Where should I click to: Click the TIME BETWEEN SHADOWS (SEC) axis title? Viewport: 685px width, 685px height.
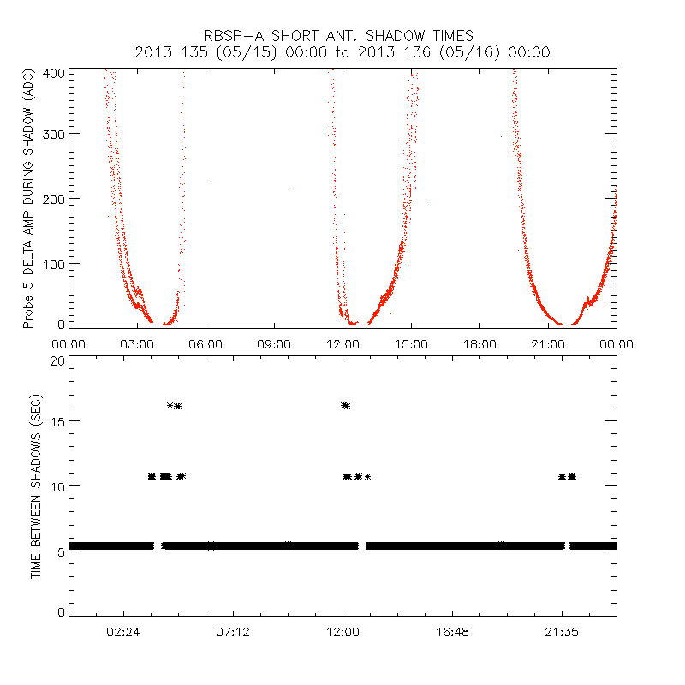pos(36,486)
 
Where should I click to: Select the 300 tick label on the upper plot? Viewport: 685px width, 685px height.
pos(53,134)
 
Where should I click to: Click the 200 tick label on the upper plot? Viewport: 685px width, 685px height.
pos(53,198)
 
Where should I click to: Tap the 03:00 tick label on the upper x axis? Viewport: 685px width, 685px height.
pos(137,343)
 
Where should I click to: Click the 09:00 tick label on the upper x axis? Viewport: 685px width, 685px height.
pos(274,343)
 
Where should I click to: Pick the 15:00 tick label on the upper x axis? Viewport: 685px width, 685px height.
pos(411,343)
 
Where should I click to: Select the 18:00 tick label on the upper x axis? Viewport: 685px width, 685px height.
pos(479,343)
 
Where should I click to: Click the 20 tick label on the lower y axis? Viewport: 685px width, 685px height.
pos(57,360)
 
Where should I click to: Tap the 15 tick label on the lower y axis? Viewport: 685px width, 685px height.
pos(57,421)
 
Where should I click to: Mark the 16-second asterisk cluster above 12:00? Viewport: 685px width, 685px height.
pos(345,406)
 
